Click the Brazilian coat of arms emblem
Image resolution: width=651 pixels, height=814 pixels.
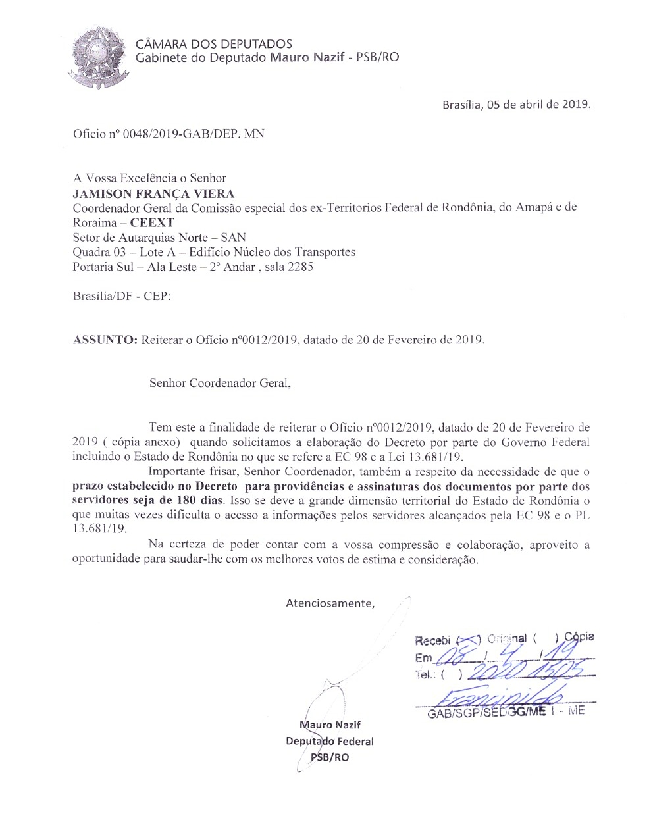click(99, 57)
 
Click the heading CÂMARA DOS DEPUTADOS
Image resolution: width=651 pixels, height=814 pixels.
click(214, 44)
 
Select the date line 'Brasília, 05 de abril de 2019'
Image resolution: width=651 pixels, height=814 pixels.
click(516, 104)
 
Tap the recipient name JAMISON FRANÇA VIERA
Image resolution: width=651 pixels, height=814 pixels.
click(153, 193)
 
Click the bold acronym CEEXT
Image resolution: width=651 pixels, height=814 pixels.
click(152, 222)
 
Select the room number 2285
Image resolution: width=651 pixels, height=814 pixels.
click(299, 267)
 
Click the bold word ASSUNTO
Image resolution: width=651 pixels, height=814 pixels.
click(105, 340)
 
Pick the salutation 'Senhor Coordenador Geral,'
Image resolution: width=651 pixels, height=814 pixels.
click(220, 383)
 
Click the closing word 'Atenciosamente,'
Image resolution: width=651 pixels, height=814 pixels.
click(330, 603)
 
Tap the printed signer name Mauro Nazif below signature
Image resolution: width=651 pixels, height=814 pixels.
click(330, 725)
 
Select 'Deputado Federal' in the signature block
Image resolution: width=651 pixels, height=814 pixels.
click(330, 741)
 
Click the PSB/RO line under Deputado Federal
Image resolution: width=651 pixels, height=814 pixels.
click(330, 757)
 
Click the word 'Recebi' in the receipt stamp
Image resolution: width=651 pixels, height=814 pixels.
click(432, 640)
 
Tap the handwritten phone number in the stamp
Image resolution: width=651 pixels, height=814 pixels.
click(527, 671)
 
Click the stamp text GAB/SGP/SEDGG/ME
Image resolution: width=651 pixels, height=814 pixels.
click(486, 713)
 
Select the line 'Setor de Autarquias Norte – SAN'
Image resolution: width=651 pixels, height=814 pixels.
click(159, 237)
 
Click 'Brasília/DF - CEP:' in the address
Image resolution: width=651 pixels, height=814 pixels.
click(122, 295)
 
